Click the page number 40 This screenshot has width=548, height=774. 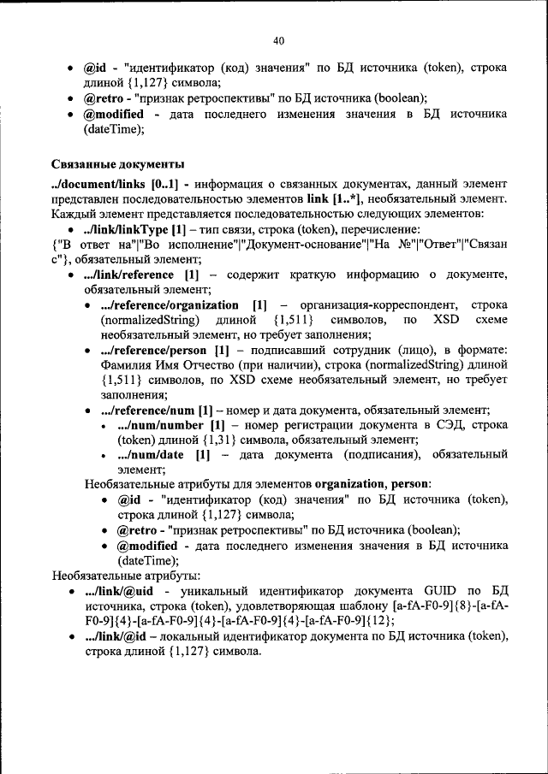pyautogui.click(x=278, y=40)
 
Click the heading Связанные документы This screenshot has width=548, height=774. pyautogui.click(x=118, y=164)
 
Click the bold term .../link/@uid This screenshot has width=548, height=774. pyautogui.click(x=118, y=590)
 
